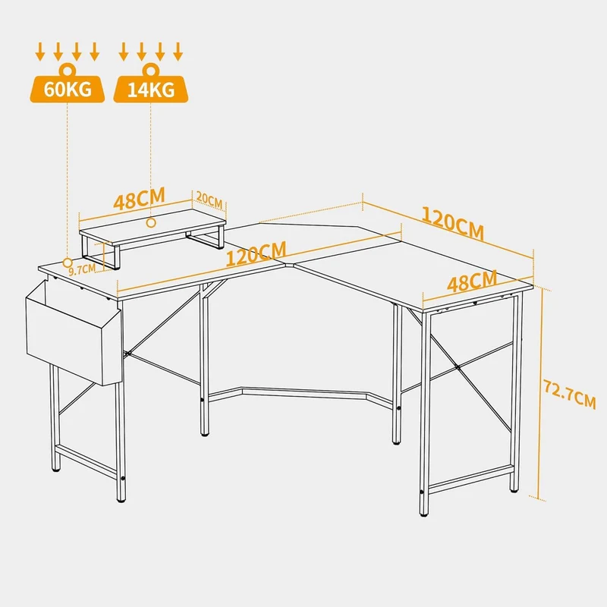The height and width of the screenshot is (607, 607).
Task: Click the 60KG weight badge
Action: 68,89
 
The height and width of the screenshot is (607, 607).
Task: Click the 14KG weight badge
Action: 150,89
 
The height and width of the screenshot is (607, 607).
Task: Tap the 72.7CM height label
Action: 570,394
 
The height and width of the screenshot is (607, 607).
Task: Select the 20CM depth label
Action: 209,200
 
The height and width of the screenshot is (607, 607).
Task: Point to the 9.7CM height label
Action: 82,269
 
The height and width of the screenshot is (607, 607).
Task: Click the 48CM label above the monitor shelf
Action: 140,199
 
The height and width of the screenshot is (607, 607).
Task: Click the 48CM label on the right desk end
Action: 472,281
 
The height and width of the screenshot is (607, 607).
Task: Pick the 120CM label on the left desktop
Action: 256,253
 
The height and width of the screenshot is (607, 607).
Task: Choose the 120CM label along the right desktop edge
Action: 452,223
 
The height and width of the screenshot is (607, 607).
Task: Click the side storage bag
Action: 74,334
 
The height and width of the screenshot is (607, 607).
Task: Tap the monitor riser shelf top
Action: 153,226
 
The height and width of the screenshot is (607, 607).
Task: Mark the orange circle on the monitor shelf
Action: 151,222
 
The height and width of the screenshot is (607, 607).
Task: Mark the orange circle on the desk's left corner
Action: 68,263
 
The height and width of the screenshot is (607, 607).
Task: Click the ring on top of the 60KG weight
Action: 68,70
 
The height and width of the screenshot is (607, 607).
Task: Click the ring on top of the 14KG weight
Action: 150,70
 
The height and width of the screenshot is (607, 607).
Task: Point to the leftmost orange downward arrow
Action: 40,52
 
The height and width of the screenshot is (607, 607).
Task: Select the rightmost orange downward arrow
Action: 178,52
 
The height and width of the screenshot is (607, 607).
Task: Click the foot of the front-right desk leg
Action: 424,514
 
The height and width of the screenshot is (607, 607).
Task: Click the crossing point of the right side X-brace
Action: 458,366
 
